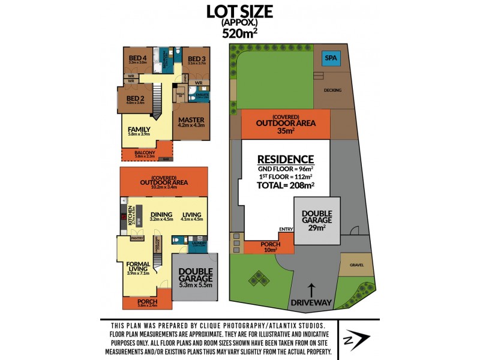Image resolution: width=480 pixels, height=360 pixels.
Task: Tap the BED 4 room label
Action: [138, 58]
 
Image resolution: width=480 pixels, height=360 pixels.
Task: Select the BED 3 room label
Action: [196, 58]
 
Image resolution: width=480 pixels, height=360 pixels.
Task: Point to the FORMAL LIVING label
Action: [138, 266]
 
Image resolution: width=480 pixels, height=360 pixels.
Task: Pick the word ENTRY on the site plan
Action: [286, 229]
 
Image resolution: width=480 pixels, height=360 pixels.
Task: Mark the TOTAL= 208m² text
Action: [285, 185]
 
